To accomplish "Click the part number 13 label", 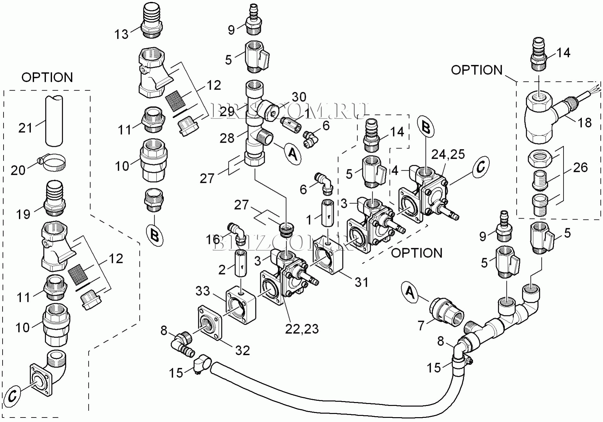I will click(x=121, y=34).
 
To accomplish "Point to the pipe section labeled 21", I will click(x=54, y=121).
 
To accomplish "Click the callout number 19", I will click(x=23, y=214).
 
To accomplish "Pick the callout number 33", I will click(x=202, y=291).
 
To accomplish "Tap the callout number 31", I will click(x=361, y=282).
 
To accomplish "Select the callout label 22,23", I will click(x=302, y=329).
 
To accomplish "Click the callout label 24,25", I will click(x=448, y=155).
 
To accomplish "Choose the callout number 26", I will click(x=580, y=167).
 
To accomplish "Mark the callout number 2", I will click(x=222, y=270).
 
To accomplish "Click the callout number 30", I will click(x=299, y=97).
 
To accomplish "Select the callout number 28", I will click(x=227, y=138).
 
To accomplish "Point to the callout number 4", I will click(x=395, y=171).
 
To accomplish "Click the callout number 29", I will click(x=227, y=112).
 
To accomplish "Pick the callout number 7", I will click(x=421, y=326).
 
